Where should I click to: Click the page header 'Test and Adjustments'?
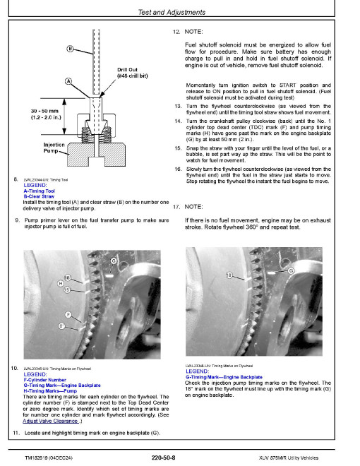[x=172, y=12]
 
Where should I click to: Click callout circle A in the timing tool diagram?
[x=68, y=81]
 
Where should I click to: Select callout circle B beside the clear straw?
[x=70, y=49]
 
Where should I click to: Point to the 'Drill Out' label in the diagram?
[x=127, y=69]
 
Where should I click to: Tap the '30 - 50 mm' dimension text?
[x=44, y=111]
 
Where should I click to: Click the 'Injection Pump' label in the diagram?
[x=54, y=148]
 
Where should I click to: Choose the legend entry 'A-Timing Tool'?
[x=40, y=191]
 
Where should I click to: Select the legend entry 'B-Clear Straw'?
[x=39, y=196]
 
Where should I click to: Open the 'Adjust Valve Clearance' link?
[x=51, y=421]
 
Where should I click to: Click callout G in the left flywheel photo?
[x=114, y=261]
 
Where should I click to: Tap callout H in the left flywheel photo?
[x=61, y=284]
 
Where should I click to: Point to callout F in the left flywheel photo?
[x=68, y=315]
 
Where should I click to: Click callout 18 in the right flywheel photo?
[x=229, y=275]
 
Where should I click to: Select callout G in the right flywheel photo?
[x=291, y=270]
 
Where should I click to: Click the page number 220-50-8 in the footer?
[x=163, y=458]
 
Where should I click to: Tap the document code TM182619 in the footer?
[x=36, y=458]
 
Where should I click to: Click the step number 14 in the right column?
[x=178, y=121]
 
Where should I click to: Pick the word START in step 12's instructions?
[x=288, y=85]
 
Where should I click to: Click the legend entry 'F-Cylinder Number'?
[x=45, y=380]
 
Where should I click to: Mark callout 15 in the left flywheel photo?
[x=67, y=289]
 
